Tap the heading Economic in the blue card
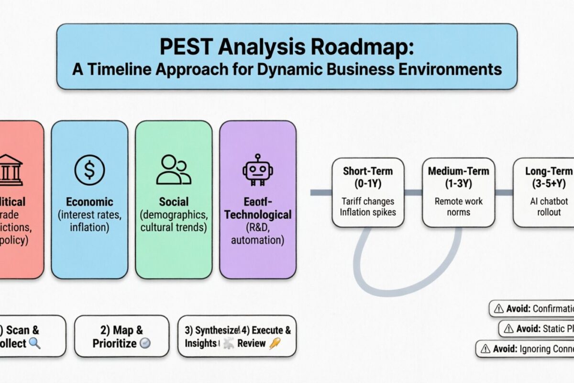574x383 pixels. point(89,202)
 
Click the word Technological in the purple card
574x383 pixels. point(258,214)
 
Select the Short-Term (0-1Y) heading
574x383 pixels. point(367,177)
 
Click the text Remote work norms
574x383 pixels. point(458,207)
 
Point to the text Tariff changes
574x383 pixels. point(367,202)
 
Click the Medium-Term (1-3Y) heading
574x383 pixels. point(458,177)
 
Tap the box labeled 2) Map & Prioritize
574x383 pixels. point(121,336)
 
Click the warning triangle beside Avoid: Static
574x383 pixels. point(508,329)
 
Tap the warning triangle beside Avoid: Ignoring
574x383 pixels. point(486,349)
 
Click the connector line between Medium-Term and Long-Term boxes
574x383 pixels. point(504,192)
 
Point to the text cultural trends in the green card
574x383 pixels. point(173,227)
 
